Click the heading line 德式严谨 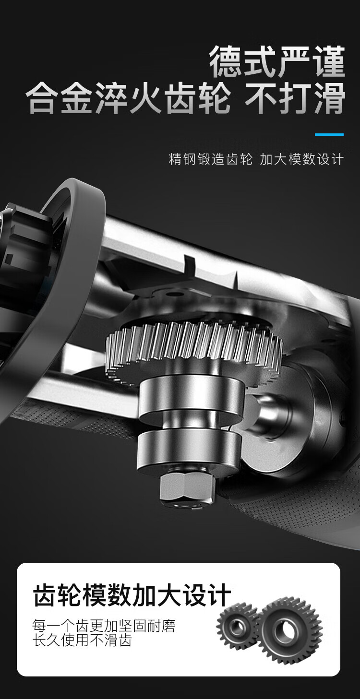[277, 61]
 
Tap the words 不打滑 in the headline [295, 98]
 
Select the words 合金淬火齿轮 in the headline [128, 98]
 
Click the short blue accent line [329, 134]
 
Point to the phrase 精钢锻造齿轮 [210, 159]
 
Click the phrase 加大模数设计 [301, 159]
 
